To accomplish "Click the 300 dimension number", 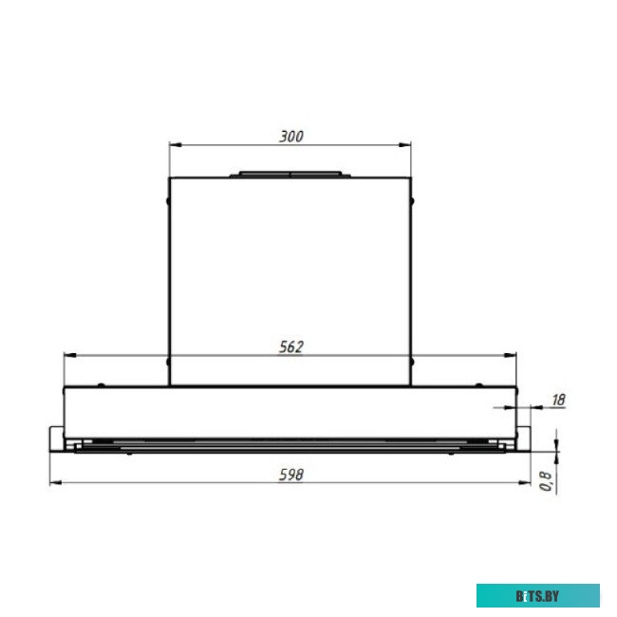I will click(x=290, y=136).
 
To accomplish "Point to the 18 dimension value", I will click(x=557, y=400).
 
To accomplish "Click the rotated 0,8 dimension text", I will click(x=546, y=481).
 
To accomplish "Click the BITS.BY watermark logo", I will click(x=538, y=595).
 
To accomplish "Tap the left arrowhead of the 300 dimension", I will click(x=175, y=145).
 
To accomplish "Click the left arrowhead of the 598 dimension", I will click(x=54, y=482).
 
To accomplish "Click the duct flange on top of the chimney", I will click(x=290, y=175).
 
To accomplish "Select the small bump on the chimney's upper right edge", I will click(x=415, y=200).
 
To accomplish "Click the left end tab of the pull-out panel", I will click(x=56, y=439).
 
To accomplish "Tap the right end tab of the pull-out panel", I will click(x=524, y=439).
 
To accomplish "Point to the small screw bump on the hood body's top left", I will click(x=102, y=384).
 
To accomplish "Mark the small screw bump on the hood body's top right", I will click(x=479, y=384).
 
